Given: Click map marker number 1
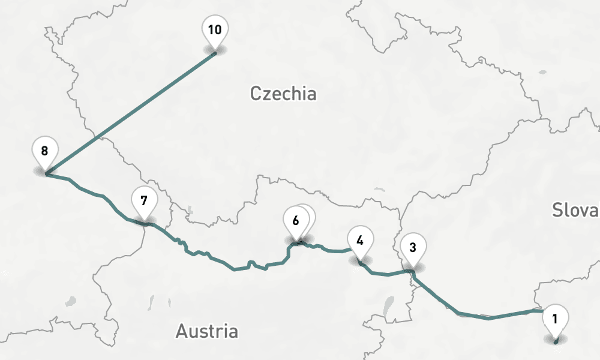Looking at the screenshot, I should point(554,319).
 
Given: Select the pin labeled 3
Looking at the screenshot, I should point(413,247).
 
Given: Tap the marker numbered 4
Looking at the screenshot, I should point(360,241).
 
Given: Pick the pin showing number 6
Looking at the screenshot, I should point(295,220).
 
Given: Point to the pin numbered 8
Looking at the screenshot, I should point(44,151).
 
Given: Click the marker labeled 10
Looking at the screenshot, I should point(215,29).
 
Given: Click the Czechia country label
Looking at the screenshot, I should point(283,94).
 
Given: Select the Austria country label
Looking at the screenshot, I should point(206,331).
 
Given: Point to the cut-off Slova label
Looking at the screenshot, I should point(575,210).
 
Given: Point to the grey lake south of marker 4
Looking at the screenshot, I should point(388,306).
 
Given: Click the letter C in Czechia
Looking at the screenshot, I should point(256,94).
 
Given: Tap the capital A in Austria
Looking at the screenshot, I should point(182,331).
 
